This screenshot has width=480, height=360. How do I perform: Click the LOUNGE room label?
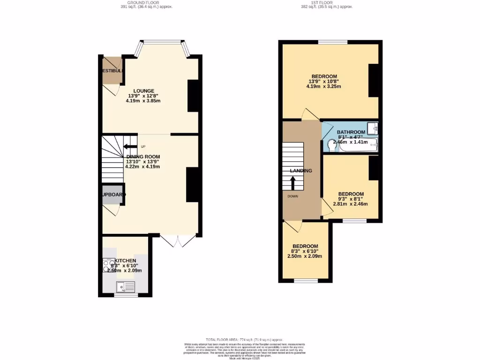[143, 91]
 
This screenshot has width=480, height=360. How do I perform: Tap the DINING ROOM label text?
[143, 157]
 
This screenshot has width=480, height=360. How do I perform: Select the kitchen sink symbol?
[126, 285]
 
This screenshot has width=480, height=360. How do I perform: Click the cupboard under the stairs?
[112, 195]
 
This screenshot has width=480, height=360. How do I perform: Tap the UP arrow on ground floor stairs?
[130, 147]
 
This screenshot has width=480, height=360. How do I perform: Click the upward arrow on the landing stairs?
[293, 182]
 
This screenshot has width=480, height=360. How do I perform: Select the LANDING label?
[301, 171]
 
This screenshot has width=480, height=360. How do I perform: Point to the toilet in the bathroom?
[332, 146]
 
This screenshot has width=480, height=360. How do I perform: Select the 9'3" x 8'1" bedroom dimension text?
[351, 199]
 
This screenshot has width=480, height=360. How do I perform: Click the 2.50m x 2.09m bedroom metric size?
[305, 256]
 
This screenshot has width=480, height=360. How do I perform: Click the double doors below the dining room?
[178, 240]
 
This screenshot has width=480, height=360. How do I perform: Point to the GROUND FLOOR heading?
[143, 2]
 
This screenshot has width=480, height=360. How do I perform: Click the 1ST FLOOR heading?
[327, 2]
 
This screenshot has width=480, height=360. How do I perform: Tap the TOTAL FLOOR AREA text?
[245, 339]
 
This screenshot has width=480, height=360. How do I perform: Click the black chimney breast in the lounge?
[193, 96]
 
